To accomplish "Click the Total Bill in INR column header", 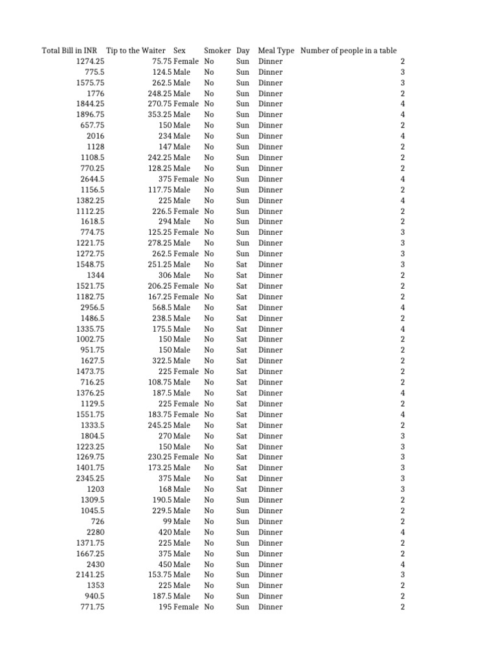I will (70, 51).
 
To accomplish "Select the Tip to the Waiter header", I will (136, 51).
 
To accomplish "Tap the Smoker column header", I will (217, 51).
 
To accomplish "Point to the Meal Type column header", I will (276, 51).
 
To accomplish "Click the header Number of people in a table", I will (348, 51).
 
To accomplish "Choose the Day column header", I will (243, 51).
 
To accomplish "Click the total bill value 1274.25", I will (90, 61).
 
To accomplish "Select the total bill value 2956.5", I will (92, 307).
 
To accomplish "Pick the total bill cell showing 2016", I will (96, 136).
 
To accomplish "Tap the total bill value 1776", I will (96, 94).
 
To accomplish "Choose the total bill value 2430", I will (96, 564).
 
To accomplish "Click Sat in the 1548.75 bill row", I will (242, 265).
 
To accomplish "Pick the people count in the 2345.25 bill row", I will (403, 478).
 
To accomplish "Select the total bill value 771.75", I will (92, 607).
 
